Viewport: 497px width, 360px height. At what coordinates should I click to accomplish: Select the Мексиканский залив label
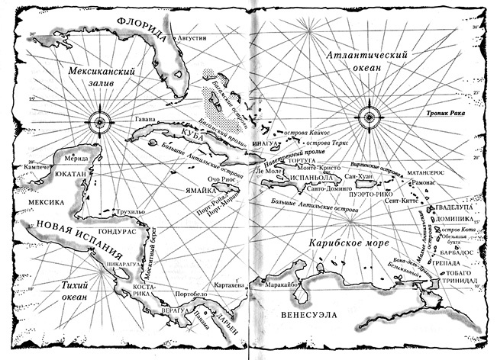coord(102,77)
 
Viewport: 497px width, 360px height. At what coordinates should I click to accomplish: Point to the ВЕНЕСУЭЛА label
coord(305,313)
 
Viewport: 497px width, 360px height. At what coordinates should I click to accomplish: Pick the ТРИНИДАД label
coord(458,281)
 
